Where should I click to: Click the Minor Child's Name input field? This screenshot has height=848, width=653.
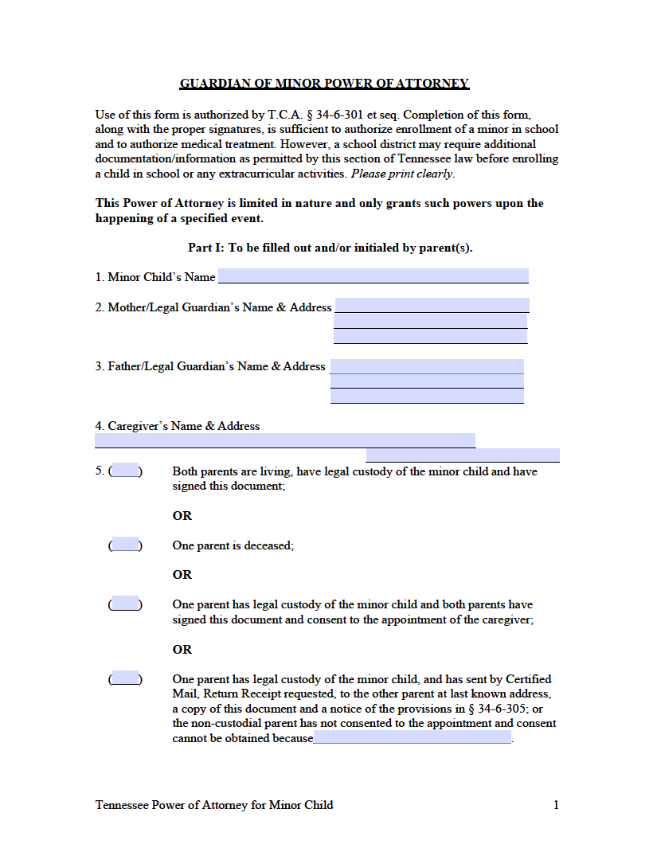[x=373, y=276]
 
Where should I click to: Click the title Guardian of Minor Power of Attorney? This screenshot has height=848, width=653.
[x=324, y=84]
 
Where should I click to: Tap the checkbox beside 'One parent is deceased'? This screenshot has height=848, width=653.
[x=125, y=545]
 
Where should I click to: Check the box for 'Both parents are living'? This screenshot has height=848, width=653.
[x=125, y=470]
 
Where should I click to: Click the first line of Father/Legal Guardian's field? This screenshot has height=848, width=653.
[x=427, y=366]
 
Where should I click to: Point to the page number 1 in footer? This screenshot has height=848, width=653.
[x=556, y=805]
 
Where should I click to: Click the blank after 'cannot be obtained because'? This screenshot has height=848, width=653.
[x=413, y=738]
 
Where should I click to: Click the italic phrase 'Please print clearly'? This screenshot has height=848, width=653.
[x=402, y=174]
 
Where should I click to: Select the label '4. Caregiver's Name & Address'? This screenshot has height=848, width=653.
[x=178, y=426]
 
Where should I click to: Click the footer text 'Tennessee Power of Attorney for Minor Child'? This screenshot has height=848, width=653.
[x=214, y=805]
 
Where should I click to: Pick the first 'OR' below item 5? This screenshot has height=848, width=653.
[x=182, y=516]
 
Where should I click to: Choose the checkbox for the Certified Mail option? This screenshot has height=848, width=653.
[x=125, y=678]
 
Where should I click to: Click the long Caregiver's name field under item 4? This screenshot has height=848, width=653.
[x=285, y=440]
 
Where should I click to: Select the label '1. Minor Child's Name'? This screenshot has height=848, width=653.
[x=155, y=277]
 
